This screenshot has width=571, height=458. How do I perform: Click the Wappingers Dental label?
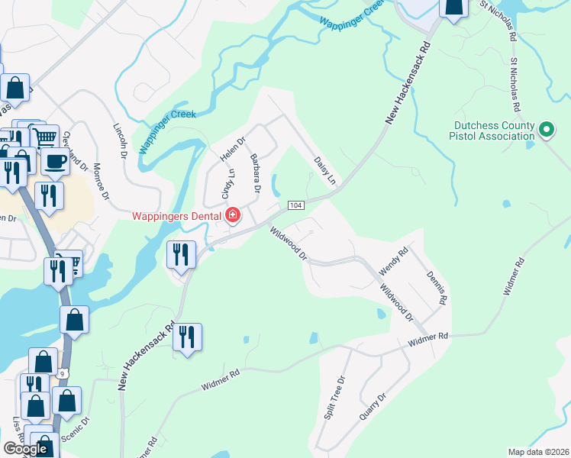(x=176, y=216)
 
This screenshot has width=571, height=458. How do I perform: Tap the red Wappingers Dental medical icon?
(x=232, y=216)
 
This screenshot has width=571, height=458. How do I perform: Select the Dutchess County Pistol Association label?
(x=493, y=131)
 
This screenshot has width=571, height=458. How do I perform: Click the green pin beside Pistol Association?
(x=546, y=131)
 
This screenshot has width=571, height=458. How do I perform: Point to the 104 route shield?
(x=296, y=206)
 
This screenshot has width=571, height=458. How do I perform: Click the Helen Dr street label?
(x=232, y=149)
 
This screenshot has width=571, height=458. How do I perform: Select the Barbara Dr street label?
(x=256, y=173)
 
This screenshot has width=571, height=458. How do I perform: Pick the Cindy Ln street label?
(x=227, y=184)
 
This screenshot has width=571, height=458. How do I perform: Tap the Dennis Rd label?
(x=435, y=288)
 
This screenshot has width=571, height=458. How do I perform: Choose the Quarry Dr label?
(x=372, y=407)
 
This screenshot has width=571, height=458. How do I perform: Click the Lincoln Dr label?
(x=121, y=141)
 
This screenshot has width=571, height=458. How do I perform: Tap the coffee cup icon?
(x=55, y=161)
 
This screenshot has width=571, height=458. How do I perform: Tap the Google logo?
(x=25, y=449)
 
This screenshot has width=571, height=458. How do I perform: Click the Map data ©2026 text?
(x=538, y=452)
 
